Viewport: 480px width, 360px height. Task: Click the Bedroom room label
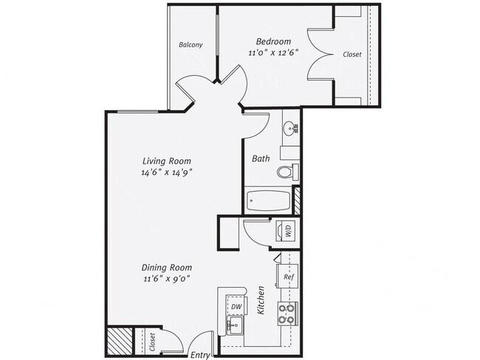[273, 41]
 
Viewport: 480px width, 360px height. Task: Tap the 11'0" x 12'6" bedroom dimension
[273, 53]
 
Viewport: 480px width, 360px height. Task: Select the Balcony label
[191, 45]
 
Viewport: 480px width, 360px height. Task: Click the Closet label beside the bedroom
[352, 54]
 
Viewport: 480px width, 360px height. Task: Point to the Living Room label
[167, 161]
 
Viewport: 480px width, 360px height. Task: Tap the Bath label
[261, 159]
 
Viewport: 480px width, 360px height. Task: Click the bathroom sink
[290, 128]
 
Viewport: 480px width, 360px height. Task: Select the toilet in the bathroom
[285, 172]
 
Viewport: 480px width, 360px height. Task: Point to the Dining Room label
[168, 268]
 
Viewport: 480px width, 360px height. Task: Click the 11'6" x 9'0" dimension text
[168, 280]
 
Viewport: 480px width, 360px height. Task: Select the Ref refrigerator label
[289, 277]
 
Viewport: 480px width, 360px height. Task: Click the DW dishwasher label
[236, 306]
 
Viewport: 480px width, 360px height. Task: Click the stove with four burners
[286, 314]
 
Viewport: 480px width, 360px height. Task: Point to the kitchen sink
[235, 325]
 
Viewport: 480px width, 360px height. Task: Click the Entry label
[200, 355]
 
